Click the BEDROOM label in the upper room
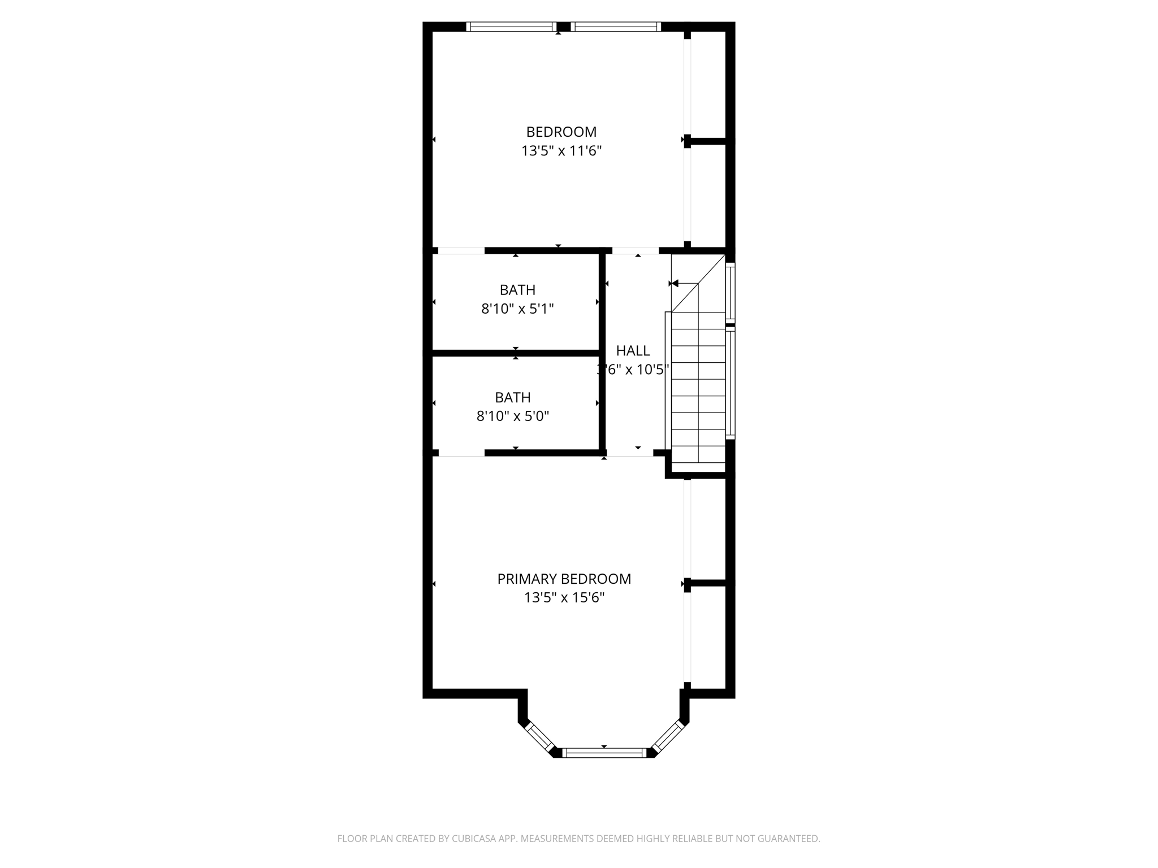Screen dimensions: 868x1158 point(561,132)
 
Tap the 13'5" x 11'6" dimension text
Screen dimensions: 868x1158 point(561,151)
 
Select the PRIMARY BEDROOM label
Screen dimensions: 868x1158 point(564,579)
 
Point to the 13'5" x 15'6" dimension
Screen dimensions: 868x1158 point(564,598)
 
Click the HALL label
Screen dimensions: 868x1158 point(633,350)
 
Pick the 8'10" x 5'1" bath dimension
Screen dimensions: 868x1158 point(517,309)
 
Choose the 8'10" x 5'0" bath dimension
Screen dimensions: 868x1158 point(512,416)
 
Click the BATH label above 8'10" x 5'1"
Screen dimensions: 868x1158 point(517,290)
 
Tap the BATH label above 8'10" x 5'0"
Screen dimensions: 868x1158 point(512,397)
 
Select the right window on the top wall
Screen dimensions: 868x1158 point(616,27)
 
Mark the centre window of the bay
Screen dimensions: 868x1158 point(604,752)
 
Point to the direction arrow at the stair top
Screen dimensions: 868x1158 point(675,284)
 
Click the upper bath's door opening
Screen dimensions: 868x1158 point(461,250)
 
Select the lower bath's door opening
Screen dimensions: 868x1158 point(461,453)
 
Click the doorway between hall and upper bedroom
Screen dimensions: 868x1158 point(636,250)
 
